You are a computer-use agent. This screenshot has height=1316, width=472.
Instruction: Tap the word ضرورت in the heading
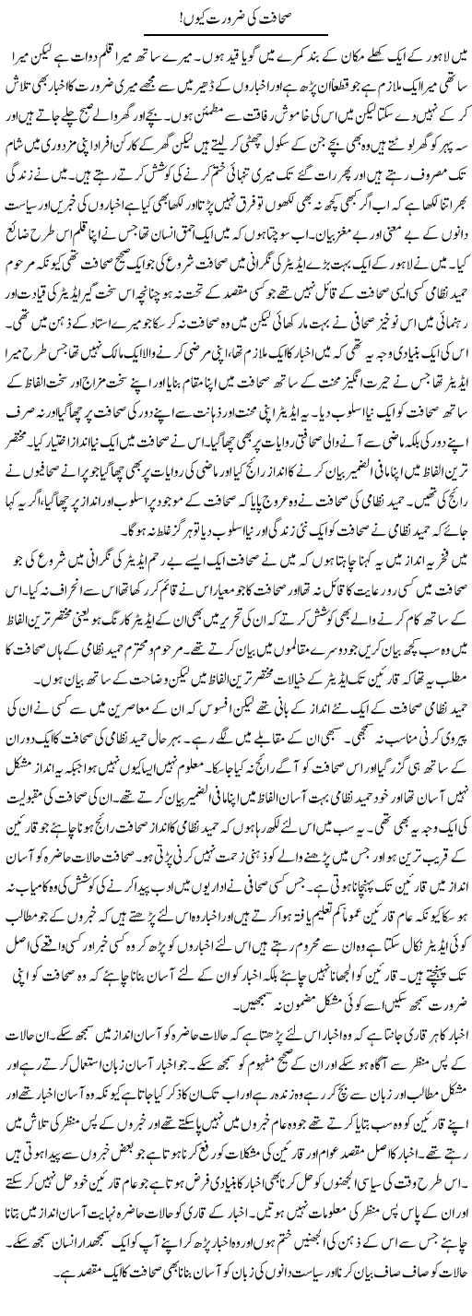(x=242, y=15)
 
